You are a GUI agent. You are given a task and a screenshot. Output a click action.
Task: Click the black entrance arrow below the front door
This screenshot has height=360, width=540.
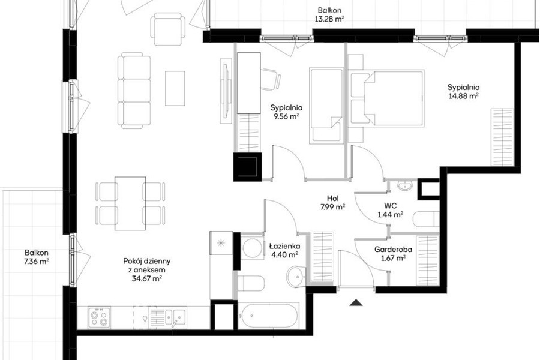(x=356, y=303)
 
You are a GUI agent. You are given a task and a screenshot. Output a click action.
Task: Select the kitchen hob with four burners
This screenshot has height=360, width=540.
(x=99, y=317)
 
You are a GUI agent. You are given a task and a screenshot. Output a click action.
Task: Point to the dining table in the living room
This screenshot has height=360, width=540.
(x=130, y=203)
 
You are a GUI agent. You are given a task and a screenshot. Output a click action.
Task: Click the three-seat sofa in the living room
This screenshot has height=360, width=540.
(x=134, y=90)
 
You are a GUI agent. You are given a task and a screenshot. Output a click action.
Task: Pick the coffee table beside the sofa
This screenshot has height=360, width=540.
(x=175, y=88)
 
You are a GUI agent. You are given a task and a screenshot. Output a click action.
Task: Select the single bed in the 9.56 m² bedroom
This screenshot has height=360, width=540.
(x=326, y=106)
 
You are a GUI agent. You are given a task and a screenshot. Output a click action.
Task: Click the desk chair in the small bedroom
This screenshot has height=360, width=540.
(x=271, y=79)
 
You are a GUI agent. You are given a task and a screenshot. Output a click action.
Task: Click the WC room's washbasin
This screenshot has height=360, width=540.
(x=404, y=185)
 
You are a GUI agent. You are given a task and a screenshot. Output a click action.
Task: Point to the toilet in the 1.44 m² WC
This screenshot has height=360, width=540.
(x=426, y=219)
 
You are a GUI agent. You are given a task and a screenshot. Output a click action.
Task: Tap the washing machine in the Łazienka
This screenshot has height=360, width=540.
(x=252, y=248)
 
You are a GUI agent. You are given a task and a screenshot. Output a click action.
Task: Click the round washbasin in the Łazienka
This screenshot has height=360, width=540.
(x=296, y=276)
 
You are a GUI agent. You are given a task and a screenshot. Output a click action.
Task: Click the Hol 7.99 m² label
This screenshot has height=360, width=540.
(x=332, y=203)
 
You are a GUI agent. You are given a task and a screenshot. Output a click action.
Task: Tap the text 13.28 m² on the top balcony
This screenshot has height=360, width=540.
(x=329, y=19)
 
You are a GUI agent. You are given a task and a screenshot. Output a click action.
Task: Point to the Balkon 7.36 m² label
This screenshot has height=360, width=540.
(x=36, y=257)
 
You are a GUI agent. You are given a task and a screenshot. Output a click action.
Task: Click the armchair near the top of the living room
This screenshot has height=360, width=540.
(x=168, y=29)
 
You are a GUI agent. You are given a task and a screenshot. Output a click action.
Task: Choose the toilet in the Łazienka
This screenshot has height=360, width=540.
(x=251, y=283)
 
